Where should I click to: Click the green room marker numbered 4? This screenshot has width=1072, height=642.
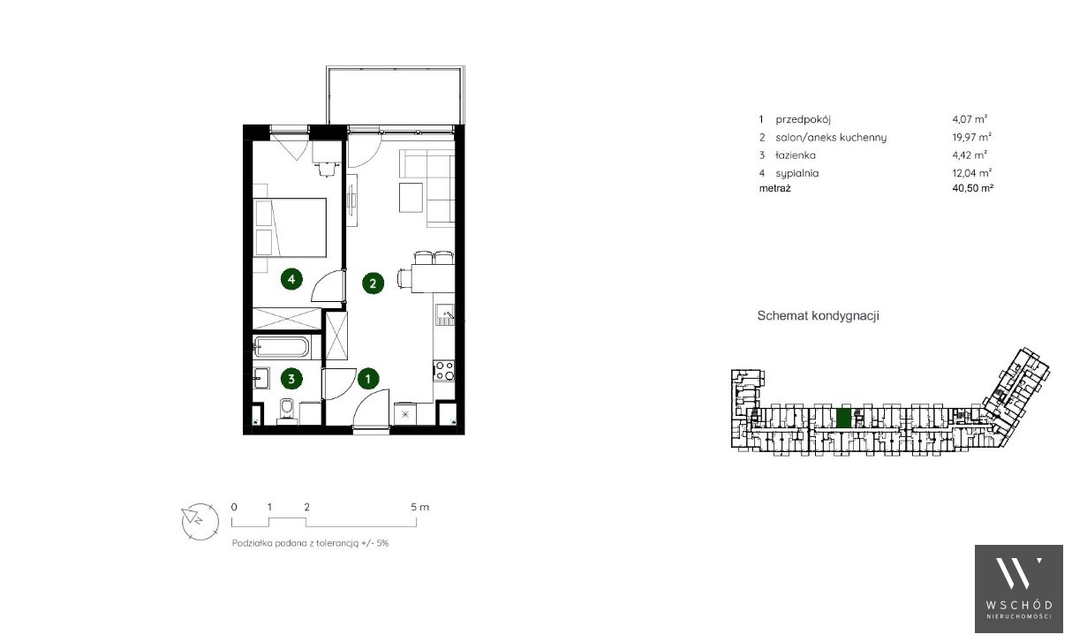click(291, 279)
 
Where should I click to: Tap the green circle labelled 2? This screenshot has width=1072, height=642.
click(373, 283)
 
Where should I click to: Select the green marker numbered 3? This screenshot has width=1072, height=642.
click(291, 379)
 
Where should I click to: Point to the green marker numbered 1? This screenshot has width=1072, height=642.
click(368, 379)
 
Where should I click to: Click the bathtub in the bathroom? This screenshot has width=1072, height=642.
click(282, 347)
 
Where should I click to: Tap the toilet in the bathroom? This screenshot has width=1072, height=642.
click(287, 412)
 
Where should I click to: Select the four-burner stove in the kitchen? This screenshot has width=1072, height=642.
click(443, 371)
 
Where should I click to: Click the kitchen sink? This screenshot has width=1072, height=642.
click(444, 315)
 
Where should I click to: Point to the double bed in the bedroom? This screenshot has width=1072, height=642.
click(290, 229)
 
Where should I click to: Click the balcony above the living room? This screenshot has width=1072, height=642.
click(396, 95)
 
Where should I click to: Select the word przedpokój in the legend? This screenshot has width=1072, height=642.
click(803, 120)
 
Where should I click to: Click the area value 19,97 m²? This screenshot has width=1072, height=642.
click(971, 138)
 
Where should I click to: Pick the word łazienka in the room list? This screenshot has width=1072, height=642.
click(796, 155)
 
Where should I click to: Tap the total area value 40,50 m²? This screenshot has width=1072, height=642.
click(972, 188)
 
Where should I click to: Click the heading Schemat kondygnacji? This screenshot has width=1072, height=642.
click(818, 316)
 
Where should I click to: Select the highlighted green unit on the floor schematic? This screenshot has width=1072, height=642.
click(843, 417)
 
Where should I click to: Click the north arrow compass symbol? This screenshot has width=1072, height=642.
click(200, 522)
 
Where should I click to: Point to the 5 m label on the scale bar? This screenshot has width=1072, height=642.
click(419, 507)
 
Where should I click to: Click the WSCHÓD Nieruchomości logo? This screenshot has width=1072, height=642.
click(1019, 589)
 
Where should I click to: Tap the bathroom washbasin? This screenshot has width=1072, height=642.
click(261, 379)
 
